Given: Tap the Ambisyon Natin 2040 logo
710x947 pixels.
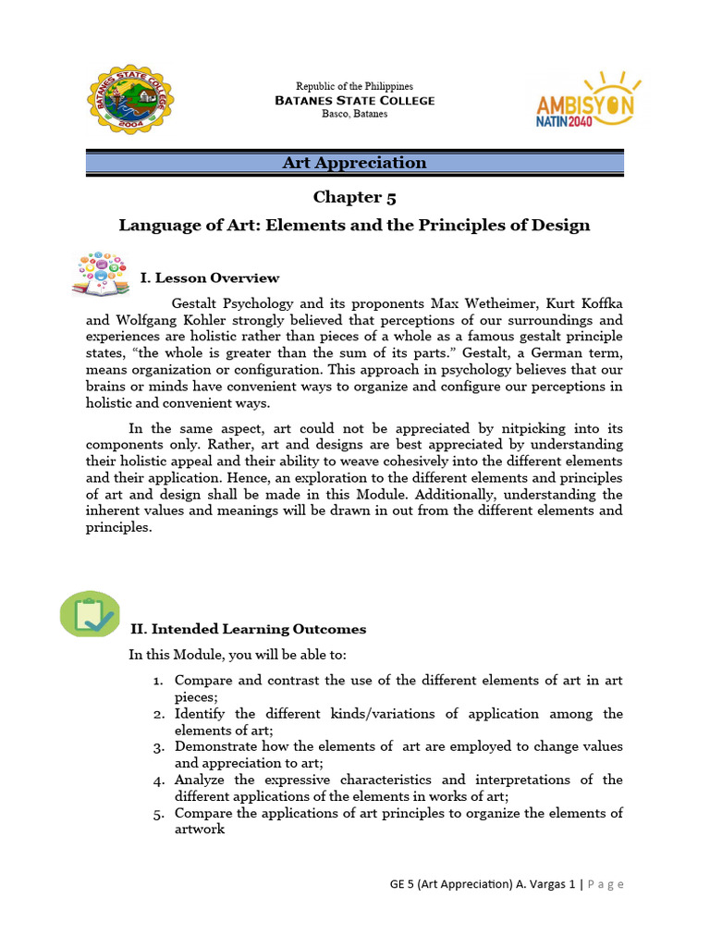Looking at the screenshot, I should pos(585,99).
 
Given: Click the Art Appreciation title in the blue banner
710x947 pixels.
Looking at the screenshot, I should pos(355,164).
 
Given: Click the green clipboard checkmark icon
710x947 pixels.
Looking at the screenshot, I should pos(90,613).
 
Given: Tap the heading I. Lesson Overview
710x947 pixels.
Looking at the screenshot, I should pos(209,278).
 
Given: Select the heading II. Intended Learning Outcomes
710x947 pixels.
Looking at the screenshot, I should pos(248,629).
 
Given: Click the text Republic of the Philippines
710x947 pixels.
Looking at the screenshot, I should pos(354,87).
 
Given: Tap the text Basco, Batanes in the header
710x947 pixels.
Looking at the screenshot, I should pos(354,114).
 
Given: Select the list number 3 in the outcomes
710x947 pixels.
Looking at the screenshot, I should pos(157,747).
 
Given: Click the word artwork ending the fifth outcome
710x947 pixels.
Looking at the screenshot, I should pos(200,830).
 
